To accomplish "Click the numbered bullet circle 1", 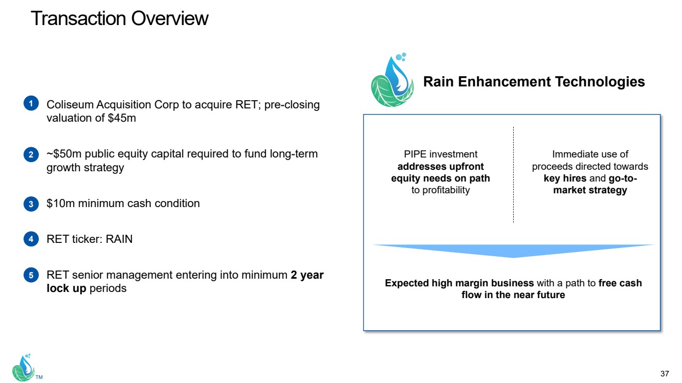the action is click(x=31, y=103).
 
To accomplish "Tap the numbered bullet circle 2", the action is click(x=31, y=154).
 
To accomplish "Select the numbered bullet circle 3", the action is click(x=31, y=204).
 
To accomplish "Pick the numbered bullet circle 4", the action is click(x=31, y=239).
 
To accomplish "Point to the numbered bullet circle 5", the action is click(x=31, y=275).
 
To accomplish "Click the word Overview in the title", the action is click(x=170, y=18).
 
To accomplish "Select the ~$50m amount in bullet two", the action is click(x=64, y=154).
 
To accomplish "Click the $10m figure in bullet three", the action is click(x=60, y=203).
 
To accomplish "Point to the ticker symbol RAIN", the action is click(x=119, y=239).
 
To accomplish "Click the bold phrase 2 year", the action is click(x=307, y=275).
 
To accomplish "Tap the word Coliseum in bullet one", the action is click(x=70, y=105).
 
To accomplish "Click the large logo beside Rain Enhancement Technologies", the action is click(x=392, y=80).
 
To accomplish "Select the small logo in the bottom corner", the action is click(x=23, y=368).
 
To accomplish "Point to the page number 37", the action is click(x=665, y=374).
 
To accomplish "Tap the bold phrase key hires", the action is click(x=565, y=178).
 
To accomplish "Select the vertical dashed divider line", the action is click(x=513, y=175).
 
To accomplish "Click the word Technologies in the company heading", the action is click(x=600, y=81).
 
